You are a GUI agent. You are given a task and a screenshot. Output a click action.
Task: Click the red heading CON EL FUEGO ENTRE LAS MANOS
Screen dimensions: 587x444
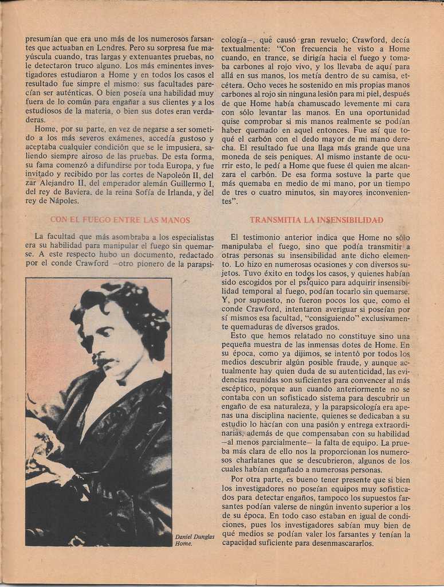tap(120, 220)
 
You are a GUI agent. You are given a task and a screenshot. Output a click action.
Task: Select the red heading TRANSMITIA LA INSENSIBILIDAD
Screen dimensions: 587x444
tap(316, 220)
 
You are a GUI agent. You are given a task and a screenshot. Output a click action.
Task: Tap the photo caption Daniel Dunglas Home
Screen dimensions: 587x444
tap(194, 539)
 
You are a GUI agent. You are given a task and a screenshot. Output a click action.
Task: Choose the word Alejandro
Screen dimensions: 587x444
tap(60, 183)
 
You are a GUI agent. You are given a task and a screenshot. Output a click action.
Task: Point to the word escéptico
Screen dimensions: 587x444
tap(240, 389)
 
